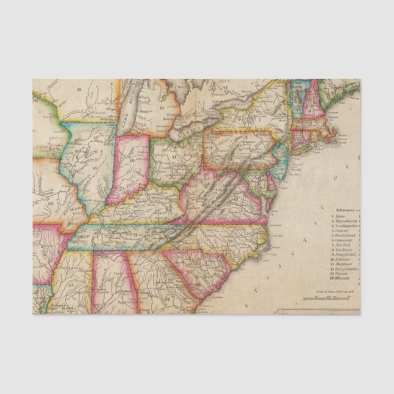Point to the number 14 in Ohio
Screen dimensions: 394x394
[x=174, y=156]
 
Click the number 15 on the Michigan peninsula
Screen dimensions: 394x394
[x=162, y=107]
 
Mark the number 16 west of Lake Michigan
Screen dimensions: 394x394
[x=79, y=89]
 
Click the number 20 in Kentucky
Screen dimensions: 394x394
[x=134, y=207]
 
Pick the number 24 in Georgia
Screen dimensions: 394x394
[x=166, y=298]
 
